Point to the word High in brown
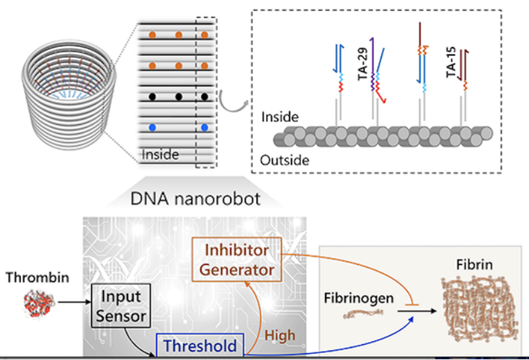279,335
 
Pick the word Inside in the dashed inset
279,117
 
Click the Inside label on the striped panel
160,155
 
